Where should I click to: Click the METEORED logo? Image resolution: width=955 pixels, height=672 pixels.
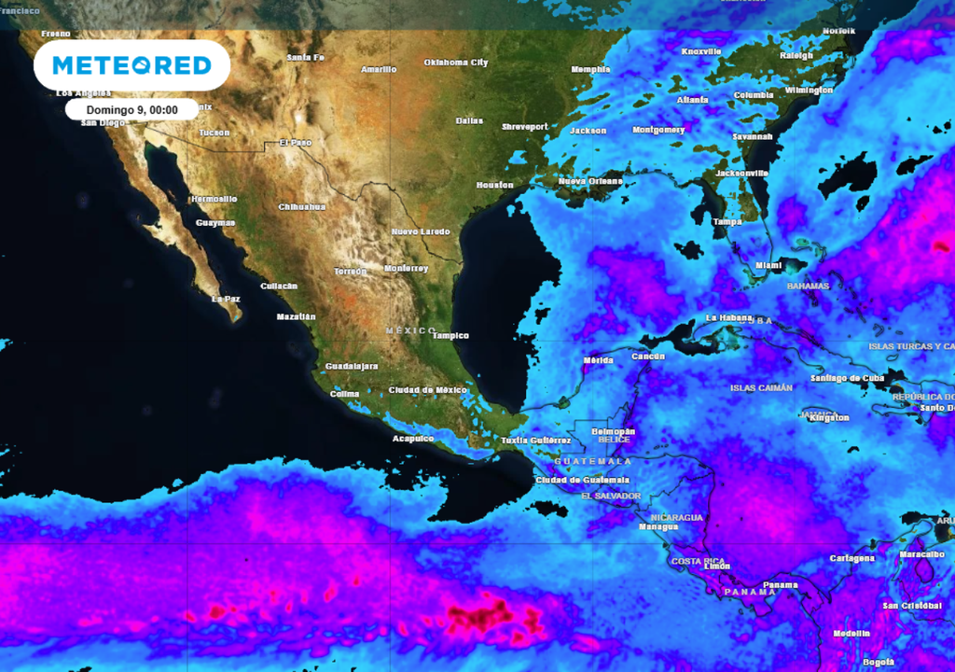(x=131, y=65)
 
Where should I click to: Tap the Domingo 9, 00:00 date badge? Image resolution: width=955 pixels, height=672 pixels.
(x=131, y=109)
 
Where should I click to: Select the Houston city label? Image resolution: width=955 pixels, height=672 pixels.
(x=494, y=185)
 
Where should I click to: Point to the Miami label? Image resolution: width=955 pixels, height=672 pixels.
(x=768, y=265)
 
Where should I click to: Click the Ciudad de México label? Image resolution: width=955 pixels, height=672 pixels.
(x=427, y=389)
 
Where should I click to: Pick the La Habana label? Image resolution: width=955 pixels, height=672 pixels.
(x=728, y=317)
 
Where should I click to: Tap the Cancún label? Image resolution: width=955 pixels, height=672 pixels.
(x=648, y=356)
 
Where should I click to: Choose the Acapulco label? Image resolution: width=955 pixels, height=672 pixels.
(x=412, y=438)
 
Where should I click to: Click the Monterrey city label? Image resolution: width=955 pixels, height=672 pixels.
(x=406, y=269)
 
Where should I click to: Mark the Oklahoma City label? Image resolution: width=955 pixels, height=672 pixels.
(x=456, y=63)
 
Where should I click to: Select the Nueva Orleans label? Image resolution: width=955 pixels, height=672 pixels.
(x=590, y=181)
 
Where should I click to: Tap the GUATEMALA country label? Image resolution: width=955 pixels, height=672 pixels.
(x=592, y=461)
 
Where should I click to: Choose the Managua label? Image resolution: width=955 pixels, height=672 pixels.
(x=657, y=526)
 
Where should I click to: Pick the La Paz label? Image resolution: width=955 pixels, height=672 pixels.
(x=226, y=299)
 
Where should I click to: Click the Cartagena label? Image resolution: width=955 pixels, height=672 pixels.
(x=852, y=558)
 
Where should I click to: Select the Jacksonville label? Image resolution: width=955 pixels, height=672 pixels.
(x=741, y=173)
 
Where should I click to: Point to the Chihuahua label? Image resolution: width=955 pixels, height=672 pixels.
(x=301, y=206)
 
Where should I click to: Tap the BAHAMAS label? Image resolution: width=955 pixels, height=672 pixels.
(x=808, y=286)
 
